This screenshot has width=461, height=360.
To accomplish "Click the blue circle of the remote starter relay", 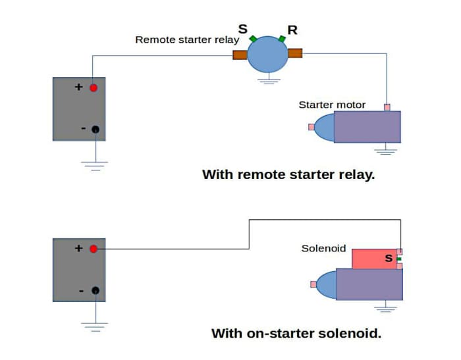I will [267, 54].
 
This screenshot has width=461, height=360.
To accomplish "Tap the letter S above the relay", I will [243, 30].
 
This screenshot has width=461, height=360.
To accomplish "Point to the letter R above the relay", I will [292, 30].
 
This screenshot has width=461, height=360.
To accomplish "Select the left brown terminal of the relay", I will [240, 54].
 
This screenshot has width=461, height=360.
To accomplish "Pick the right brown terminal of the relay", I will [295, 53].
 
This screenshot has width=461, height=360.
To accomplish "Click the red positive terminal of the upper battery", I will [94, 88].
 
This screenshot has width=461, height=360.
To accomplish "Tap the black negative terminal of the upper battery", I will [95, 129].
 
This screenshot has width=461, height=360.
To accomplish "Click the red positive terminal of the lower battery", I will [94, 249].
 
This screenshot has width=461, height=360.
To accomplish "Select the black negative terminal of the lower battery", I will [95, 290].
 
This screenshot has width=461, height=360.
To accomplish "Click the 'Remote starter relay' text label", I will [187, 39].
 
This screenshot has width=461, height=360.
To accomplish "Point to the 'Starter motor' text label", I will [332, 105].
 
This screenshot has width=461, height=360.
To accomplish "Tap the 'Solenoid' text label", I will [323, 249].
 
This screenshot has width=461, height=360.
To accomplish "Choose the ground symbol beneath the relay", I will [267, 81].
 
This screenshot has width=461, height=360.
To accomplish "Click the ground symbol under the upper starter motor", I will [386, 151].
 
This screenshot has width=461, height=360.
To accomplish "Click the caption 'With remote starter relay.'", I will [288, 175].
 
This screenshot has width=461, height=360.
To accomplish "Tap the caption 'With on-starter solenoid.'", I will [296, 333].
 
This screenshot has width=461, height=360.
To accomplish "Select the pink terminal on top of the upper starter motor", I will [387, 107].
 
